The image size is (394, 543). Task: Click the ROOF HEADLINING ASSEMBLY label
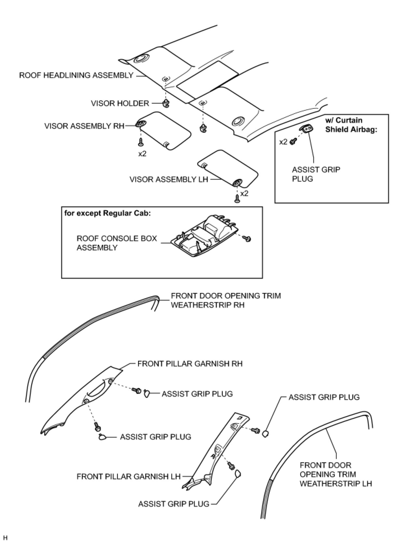pyautogui.click(x=76, y=76)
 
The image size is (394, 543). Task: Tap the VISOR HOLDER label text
pyautogui.click(x=120, y=104)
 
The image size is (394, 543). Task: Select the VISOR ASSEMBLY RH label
pyautogui.click(x=84, y=126)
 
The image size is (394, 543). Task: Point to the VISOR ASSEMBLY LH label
pyautogui.click(x=169, y=179)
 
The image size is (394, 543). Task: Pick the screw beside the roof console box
pyautogui.click(x=248, y=239)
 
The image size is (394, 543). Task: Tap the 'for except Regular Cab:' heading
pyautogui.click(x=107, y=213)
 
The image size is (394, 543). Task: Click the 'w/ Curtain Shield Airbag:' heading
pyautogui.click(x=351, y=125)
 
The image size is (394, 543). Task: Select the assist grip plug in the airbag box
pyautogui.click(x=307, y=129)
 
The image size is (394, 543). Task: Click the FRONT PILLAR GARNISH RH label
pyautogui.click(x=190, y=364)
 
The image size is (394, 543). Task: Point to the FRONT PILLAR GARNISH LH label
pyautogui.click(x=129, y=477)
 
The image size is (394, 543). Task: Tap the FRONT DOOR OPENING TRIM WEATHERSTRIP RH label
pyautogui.click(x=226, y=300)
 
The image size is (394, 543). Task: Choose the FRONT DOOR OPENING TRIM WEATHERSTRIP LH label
pyautogui.click(x=335, y=474)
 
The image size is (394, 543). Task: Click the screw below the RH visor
pyautogui.click(x=141, y=142)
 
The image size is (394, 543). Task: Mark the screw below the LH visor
pyautogui.click(x=237, y=198)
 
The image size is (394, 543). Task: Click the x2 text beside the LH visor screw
pyautogui.click(x=244, y=193)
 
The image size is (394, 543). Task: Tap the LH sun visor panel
pyautogui.click(x=228, y=168)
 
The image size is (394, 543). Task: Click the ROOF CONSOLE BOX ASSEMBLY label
pyautogui.click(x=117, y=243)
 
